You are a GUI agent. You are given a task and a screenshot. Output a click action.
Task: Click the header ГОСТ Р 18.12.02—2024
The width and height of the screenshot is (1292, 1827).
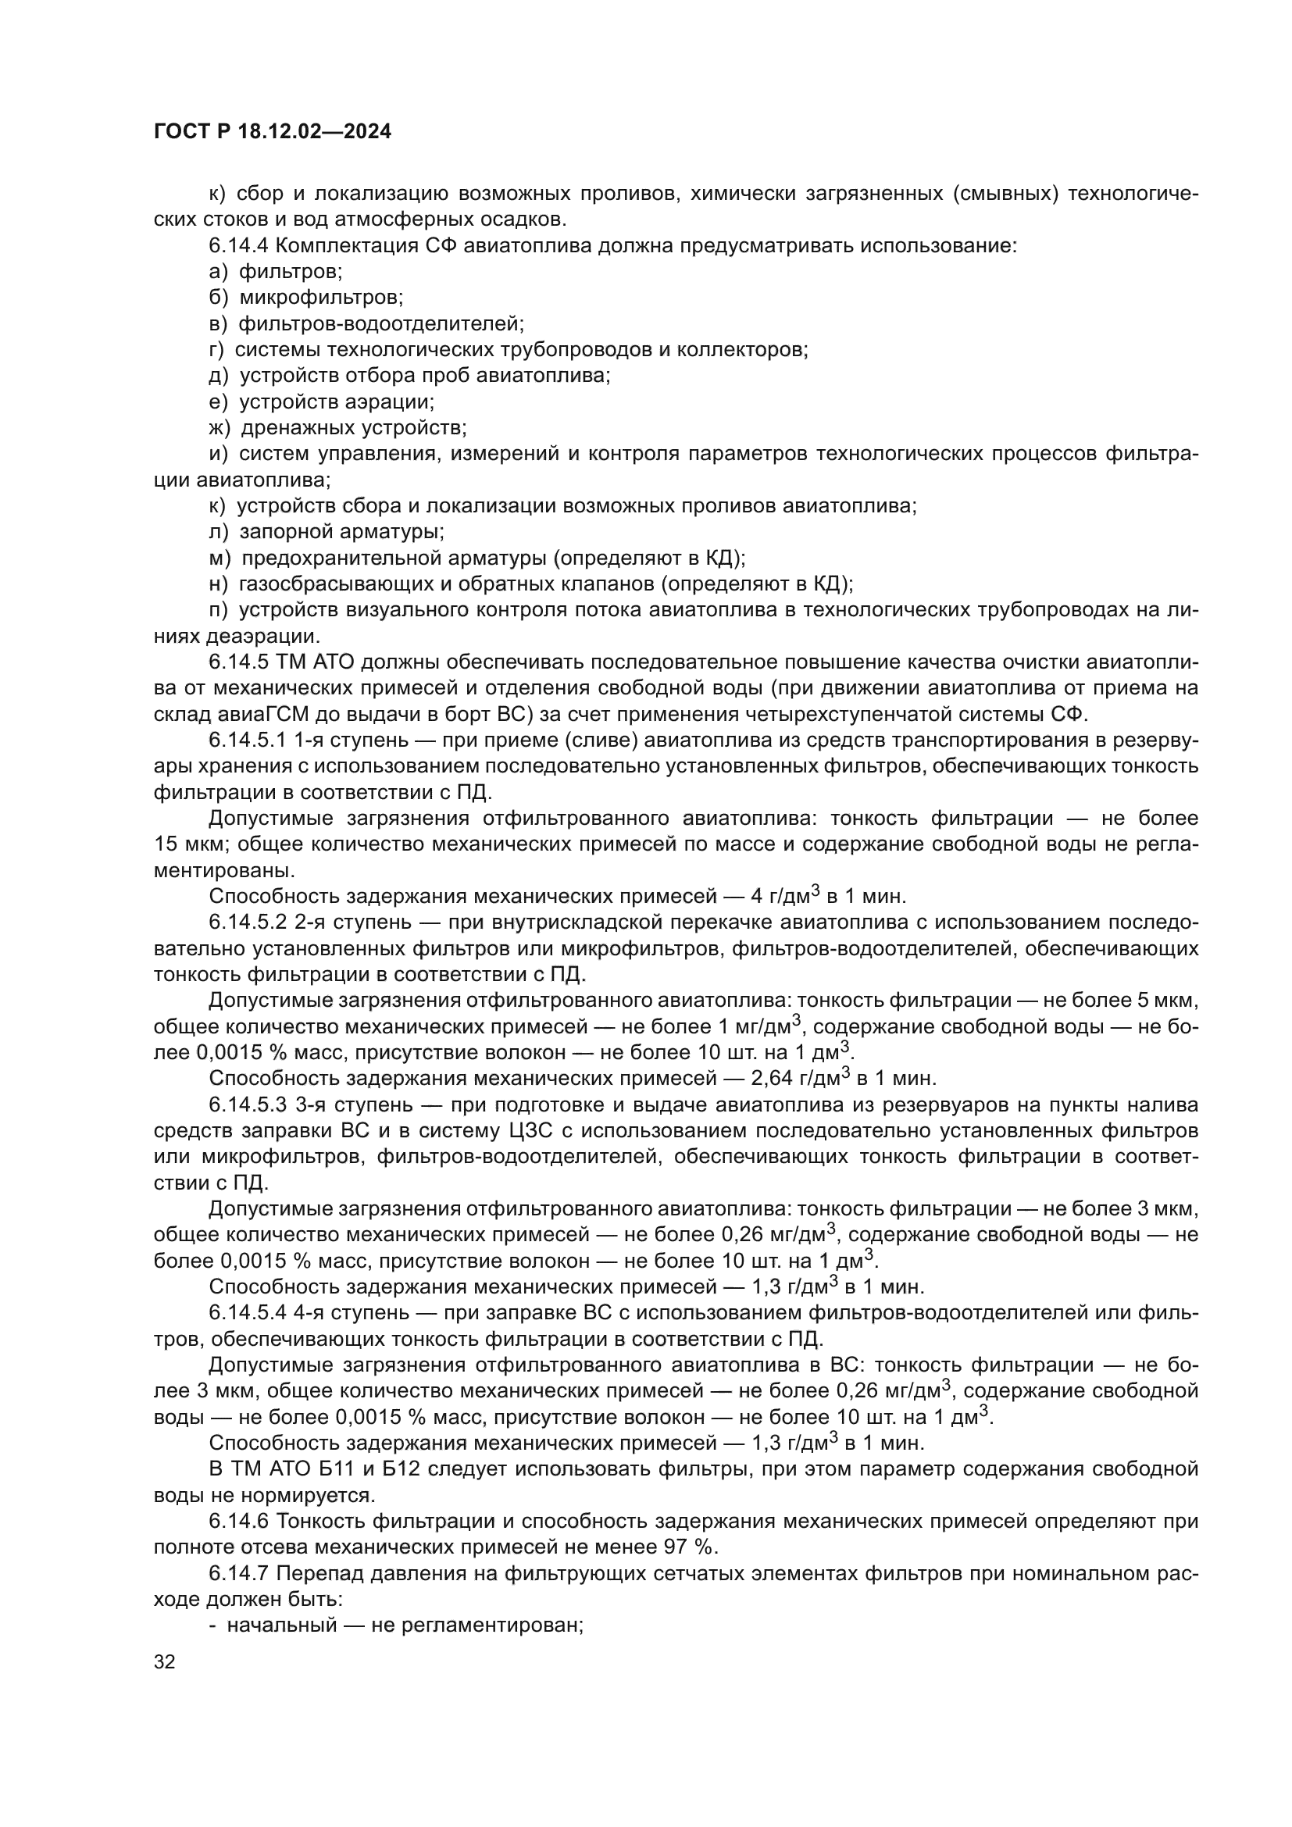click(x=272, y=132)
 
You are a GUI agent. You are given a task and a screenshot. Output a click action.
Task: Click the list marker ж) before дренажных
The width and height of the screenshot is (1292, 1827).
click(x=219, y=429)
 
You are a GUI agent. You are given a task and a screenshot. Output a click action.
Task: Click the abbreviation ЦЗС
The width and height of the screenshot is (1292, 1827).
click(x=558, y=1131)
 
